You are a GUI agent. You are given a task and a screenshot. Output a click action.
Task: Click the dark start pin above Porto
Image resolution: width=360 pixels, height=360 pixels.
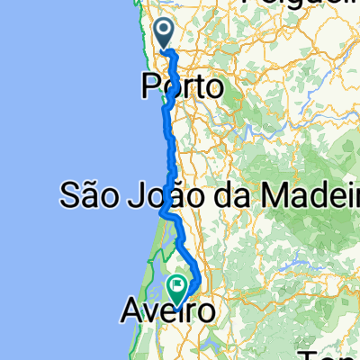tap(165, 33)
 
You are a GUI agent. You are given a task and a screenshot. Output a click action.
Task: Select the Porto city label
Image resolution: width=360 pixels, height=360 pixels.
tap(183, 87)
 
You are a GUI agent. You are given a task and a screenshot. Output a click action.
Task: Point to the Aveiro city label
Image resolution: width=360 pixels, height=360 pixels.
tap(168, 312)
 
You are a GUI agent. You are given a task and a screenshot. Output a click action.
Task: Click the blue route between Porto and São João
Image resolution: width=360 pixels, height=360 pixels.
tap(168, 144)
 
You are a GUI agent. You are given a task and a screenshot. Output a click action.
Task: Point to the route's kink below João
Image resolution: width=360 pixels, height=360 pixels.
tap(166, 212)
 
